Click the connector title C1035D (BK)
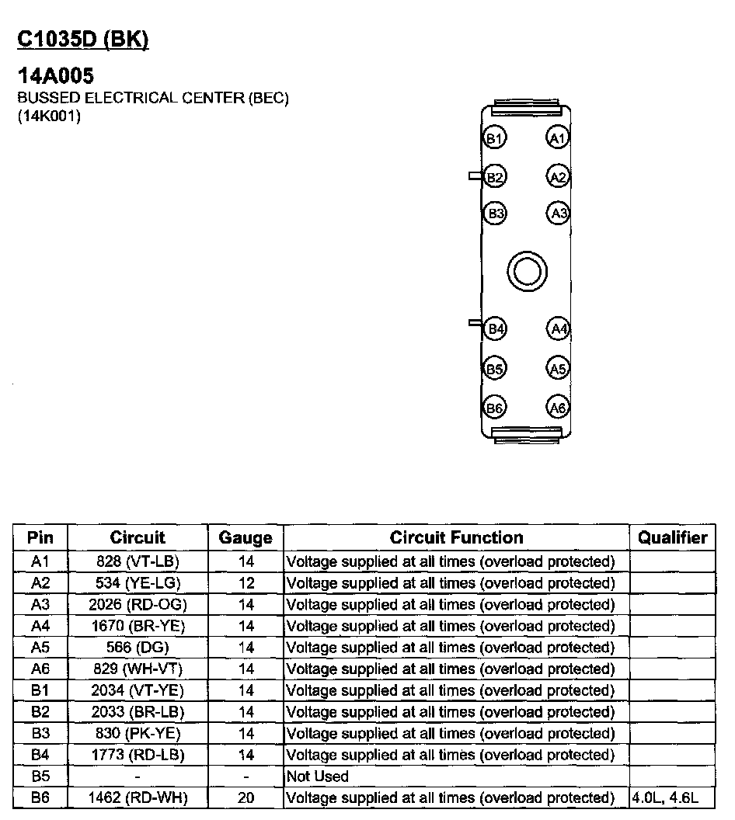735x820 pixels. pos(82,40)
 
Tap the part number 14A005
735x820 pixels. pos(55,77)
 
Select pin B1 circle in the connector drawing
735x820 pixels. pos(495,139)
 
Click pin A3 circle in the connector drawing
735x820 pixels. pos(558,213)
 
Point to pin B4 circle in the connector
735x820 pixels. pos(495,329)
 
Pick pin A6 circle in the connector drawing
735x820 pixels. pos(558,407)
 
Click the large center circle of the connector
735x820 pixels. pos(527,271)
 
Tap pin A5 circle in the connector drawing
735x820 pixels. pos(558,368)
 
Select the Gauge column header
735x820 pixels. pos(246,538)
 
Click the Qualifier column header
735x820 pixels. pos(672,537)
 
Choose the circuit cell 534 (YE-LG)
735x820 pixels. pos(138,583)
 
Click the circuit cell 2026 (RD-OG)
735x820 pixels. pos(138,604)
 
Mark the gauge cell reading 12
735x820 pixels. pos(246,583)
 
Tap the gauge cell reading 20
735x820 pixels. pos(246,797)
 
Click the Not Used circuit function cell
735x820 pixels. pos(318,777)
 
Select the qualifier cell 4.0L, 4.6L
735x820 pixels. pos(667,797)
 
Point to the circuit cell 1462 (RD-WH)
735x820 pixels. pos(138,797)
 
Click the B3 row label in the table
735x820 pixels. pos(40,733)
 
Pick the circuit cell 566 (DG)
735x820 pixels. pos(138,648)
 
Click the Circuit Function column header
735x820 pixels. pos(456,537)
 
